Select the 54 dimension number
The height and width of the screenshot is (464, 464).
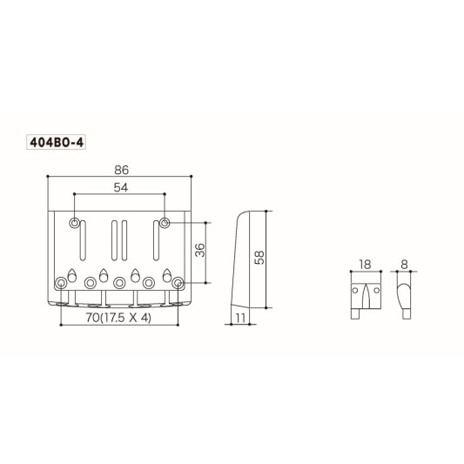(120, 188)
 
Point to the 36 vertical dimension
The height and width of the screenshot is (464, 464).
(198, 252)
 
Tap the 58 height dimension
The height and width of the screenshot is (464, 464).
(259, 257)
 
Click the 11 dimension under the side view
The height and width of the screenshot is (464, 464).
(239, 319)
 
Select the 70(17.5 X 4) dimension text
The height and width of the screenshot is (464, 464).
(118, 319)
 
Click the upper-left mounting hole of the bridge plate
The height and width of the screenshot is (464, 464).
(77, 223)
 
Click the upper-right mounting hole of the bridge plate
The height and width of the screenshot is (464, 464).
(164, 223)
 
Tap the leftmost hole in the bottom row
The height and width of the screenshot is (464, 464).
(62, 282)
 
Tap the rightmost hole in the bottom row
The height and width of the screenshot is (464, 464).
(178, 282)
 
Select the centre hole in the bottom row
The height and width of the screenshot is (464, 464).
(120, 282)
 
